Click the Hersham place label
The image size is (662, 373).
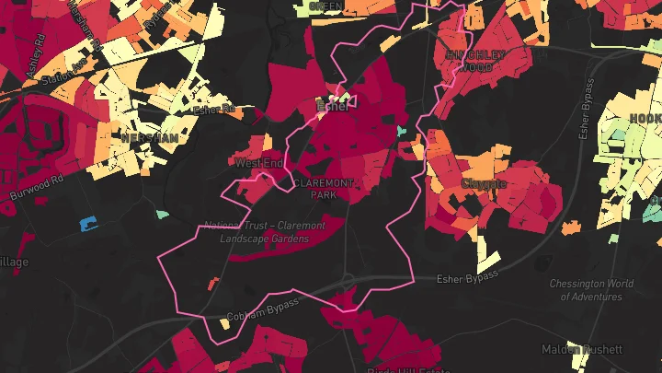(149, 136)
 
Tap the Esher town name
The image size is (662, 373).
(333, 106)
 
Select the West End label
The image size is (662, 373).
(258, 163)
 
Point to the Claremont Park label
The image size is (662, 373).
(323, 189)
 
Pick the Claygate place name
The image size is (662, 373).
(484, 184)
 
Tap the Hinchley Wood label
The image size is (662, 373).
(475, 61)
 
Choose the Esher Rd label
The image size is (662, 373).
(214, 109)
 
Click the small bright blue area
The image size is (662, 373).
(88, 223)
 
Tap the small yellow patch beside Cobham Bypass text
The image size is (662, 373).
(224, 324)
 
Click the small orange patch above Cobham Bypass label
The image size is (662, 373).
(213, 282)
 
